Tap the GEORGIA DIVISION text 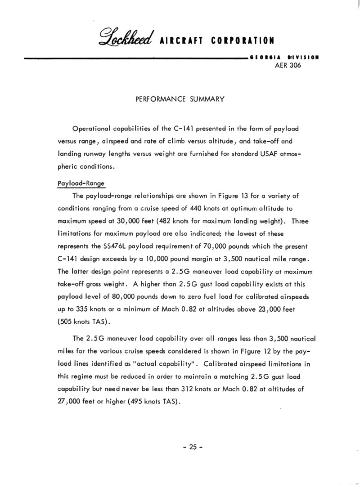click(x=284, y=58)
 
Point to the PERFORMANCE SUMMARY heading click(x=180, y=99)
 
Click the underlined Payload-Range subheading click(x=81, y=184)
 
